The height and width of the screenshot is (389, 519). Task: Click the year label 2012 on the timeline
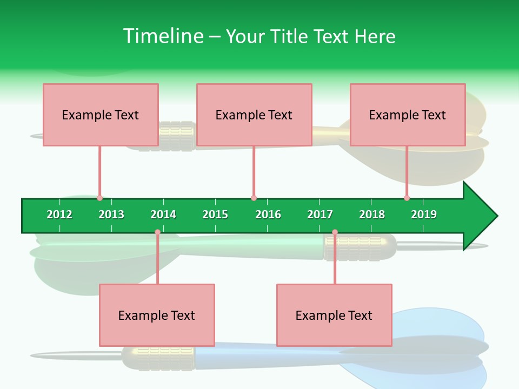tap(59, 214)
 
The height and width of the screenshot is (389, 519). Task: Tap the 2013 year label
tap(111, 214)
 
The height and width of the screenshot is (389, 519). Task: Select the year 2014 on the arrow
tap(163, 214)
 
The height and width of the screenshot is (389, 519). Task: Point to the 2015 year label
tap(215, 214)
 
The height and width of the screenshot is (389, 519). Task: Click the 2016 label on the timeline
tap(268, 214)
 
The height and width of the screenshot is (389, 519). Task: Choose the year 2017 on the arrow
tap(320, 214)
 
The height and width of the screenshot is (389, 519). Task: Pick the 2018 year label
tap(372, 214)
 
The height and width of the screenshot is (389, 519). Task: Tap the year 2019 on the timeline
tap(424, 214)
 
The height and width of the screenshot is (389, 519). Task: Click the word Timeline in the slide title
tap(163, 36)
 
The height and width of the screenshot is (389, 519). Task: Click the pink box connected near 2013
tap(101, 115)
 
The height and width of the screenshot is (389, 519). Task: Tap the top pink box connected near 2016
tap(254, 115)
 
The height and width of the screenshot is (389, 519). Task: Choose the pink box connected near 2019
tap(408, 115)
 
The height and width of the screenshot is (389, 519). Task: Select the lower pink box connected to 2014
tap(157, 315)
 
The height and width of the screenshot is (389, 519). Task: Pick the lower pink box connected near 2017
tap(334, 315)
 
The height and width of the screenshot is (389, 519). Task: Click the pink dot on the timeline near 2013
tap(100, 198)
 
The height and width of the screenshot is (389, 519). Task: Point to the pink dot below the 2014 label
tap(157, 232)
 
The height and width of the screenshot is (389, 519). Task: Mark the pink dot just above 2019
tap(407, 198)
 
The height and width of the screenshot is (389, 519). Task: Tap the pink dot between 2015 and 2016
tap(254, 198)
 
